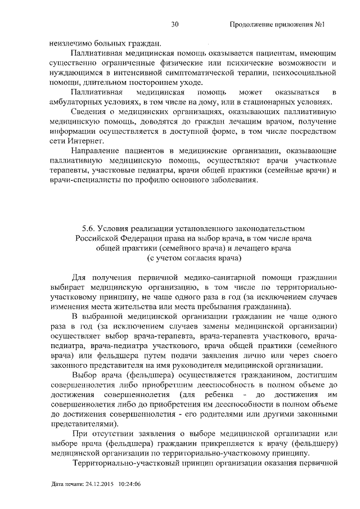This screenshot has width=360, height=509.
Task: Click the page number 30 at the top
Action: click(174, 24)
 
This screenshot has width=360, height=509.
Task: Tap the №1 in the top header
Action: click(321, 24)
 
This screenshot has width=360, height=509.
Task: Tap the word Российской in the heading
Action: click(96, 238)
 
